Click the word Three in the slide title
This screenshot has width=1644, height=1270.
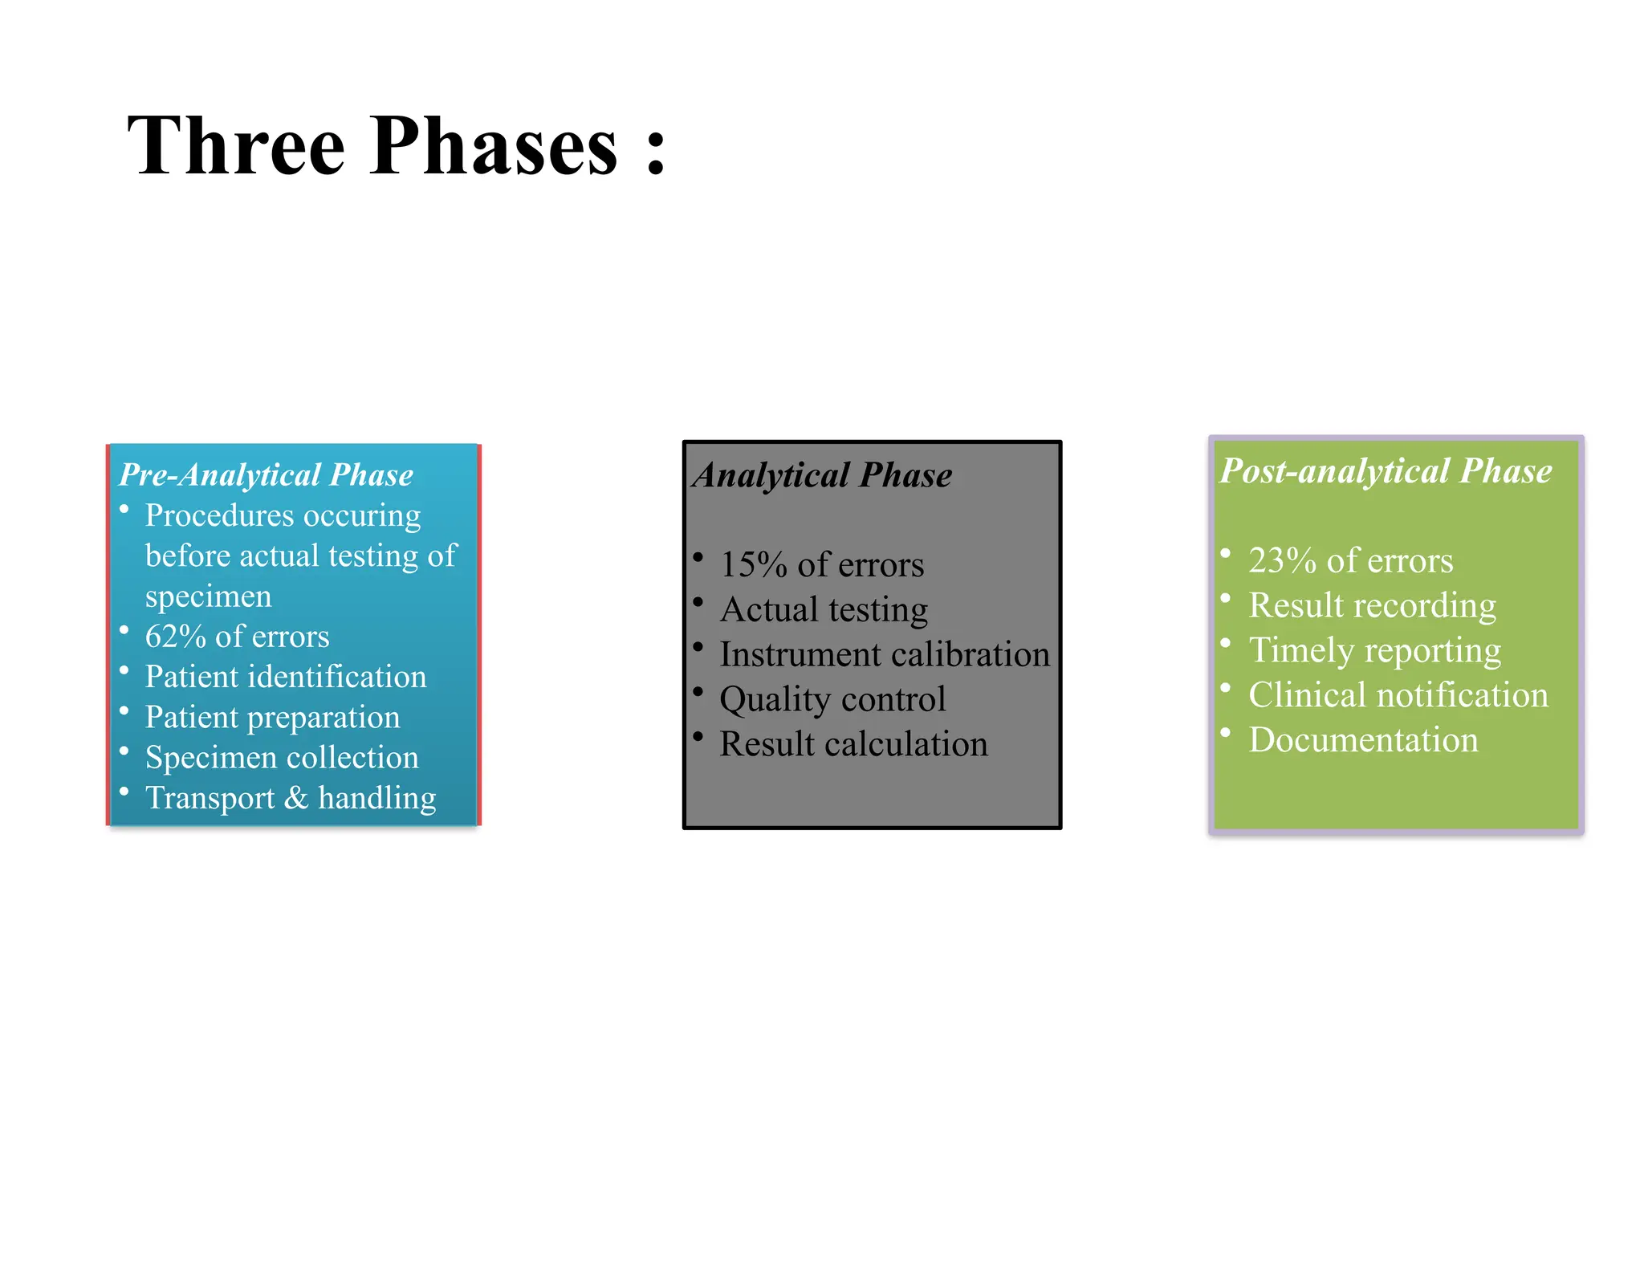click(x=236, y=145)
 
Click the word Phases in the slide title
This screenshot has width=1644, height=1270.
click(x=494, y=145)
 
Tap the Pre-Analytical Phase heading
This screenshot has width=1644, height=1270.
click(x=266, y=474)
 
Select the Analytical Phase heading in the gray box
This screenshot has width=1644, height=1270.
click(x=823, y=474)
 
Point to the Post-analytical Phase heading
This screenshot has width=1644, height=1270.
click(x=1386, y=470)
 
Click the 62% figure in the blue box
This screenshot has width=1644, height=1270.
click(x=176, y=637)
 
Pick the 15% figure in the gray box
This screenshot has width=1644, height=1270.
click(x=753, y=564)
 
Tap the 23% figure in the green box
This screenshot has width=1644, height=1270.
click(x=1282, y=560)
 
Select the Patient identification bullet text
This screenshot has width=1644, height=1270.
click(x=285, y=677)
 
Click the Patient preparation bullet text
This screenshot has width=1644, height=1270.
click(x=272, y=717)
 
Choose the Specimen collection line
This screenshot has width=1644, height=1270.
click(x=282, y=757)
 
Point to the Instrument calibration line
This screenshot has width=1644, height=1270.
click(x=885, y=654)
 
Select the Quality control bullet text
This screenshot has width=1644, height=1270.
click(x=832, y=699)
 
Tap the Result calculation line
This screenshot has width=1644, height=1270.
click(x=853, y=744)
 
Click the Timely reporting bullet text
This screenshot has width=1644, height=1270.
click(x=1374, y=650)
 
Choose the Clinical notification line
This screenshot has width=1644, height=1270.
click(x=1398, y=695)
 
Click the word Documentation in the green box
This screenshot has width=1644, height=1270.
click(x=1363, y=740)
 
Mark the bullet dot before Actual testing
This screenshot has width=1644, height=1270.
click(x=698, y=602)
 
